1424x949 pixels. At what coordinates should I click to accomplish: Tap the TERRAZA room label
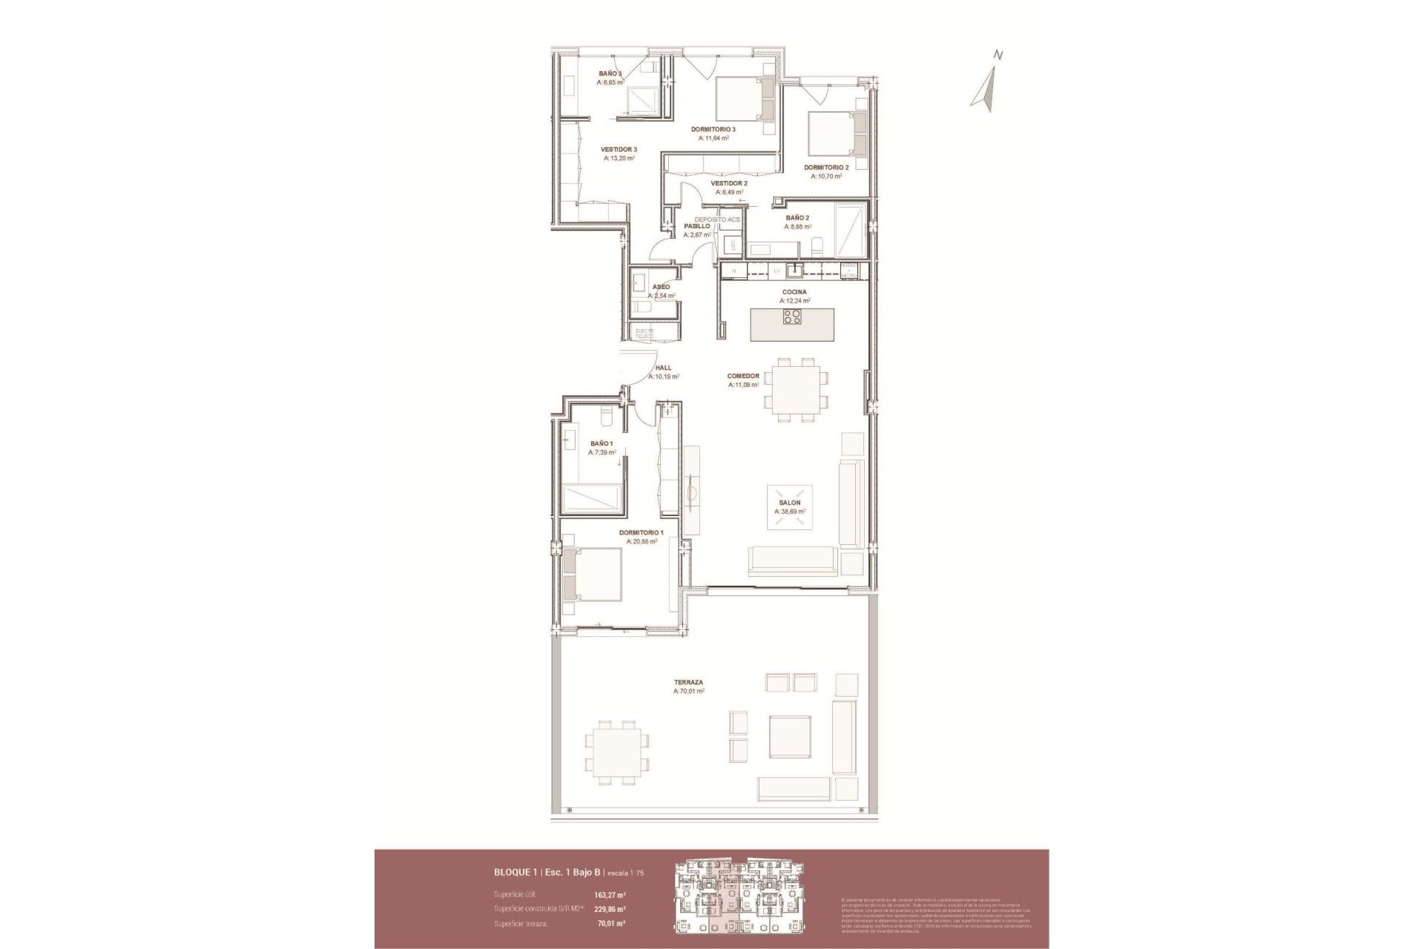pos(688,682)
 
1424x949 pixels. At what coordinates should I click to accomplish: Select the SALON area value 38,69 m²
pos(790,512)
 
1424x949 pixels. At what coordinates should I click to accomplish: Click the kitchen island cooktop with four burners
pos(792,318)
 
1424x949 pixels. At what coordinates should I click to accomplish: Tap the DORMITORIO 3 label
pos(713,129)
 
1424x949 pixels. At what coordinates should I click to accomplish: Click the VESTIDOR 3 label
pos(619,149)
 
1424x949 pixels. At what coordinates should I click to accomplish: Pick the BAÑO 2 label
pos(797,218)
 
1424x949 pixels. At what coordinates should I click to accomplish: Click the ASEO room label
pos(661,287)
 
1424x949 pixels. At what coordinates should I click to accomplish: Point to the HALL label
pos(663,368)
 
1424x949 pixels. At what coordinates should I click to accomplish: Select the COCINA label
pos(794,292)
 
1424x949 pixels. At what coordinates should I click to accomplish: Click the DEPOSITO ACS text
pos(717,219)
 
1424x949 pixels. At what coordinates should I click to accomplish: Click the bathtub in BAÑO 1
pos(591,497)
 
